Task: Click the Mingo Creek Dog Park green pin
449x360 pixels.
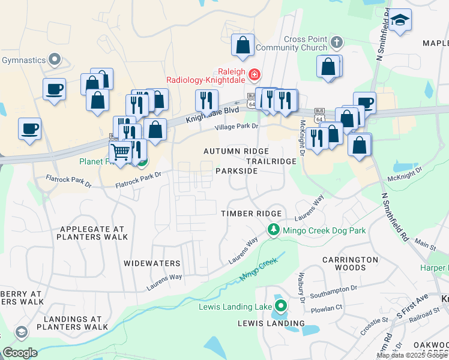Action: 274,230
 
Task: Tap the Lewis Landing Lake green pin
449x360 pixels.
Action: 281,307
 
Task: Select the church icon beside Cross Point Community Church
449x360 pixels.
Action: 337,43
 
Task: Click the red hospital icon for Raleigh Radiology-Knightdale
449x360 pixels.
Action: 255,74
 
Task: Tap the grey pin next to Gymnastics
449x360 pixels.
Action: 55,59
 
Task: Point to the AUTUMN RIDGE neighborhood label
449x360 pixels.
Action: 236,151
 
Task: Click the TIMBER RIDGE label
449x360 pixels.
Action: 252,214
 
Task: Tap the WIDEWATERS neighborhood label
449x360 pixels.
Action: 152,263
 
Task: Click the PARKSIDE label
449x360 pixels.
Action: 237,171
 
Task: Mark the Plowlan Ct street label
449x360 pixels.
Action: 326,308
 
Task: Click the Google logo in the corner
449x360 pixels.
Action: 20,353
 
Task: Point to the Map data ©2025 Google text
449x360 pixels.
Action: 412,355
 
